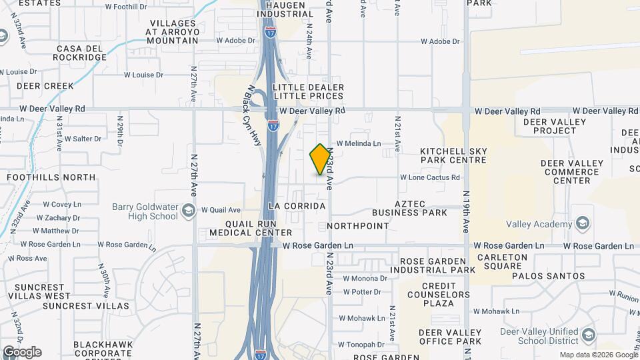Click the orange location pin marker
click(321, 159)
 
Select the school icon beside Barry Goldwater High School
click(189, 211)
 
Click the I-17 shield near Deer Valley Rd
click(273, 125)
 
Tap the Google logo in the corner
click(21, 352)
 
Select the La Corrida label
click(299, 206)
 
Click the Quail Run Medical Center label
click(251, 228)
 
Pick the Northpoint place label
click(358, 226)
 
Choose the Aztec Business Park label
click(410, 207)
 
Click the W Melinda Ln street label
click(359, 143)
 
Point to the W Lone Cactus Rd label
click(430, 177)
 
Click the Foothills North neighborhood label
click(51, 177)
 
